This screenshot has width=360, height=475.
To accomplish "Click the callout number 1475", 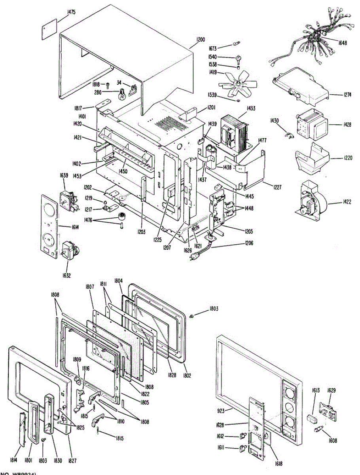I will click(x=71, y=12).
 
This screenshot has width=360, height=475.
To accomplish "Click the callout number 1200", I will click(x=201, y=39).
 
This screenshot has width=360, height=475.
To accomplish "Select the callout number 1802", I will click(x=186, y=374).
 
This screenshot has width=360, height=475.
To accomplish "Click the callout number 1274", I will click(x=336, y=95).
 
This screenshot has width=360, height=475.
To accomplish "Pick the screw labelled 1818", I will click(x=107, y=85).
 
